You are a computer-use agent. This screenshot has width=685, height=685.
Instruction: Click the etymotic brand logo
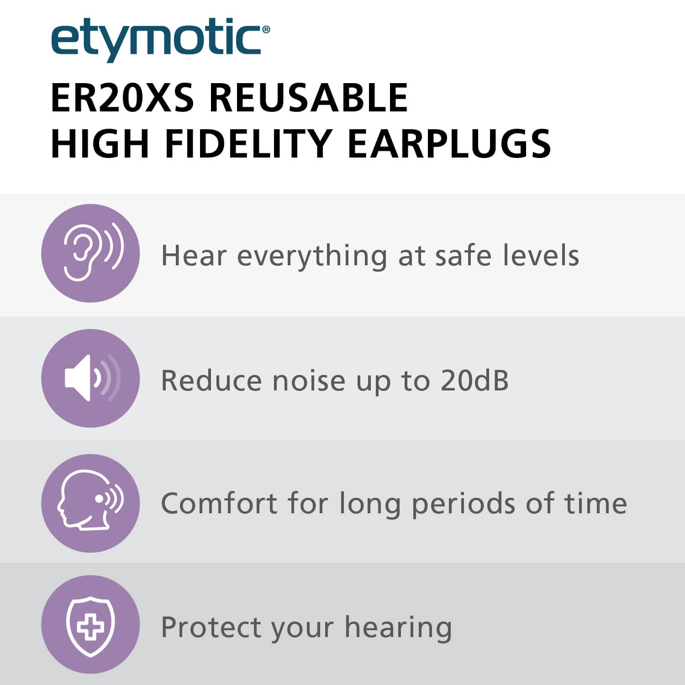point(160,40)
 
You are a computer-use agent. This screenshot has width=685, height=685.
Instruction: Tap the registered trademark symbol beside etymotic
point(266,30)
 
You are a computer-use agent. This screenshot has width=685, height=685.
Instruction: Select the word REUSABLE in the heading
point(308,98)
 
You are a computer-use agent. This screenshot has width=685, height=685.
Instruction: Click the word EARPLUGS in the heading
point(449,143)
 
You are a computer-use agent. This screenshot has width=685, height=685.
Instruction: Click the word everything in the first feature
point(312,256)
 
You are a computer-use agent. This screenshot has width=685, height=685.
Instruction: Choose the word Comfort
point(219,503)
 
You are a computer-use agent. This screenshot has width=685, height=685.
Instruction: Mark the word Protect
point(211,627)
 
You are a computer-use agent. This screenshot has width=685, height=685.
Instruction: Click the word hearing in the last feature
point(398,628)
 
